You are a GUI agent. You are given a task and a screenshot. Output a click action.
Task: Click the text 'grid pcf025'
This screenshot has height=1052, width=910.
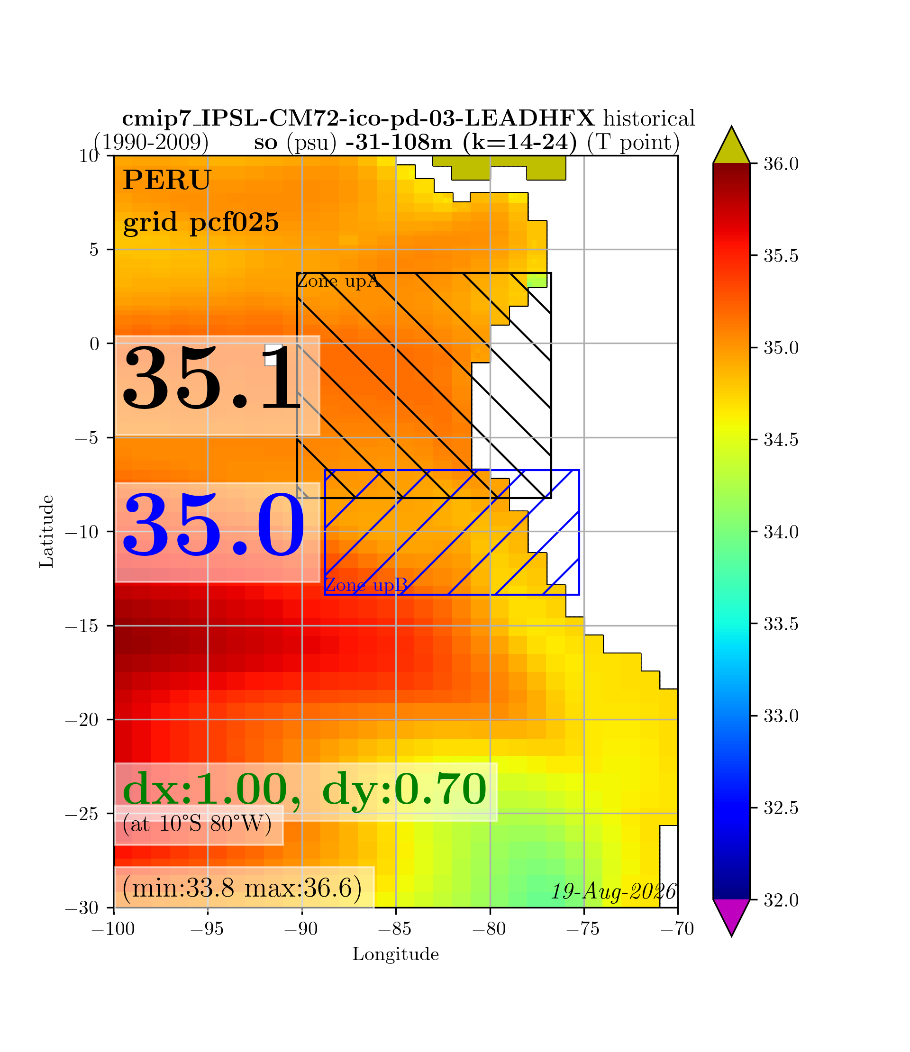coord(201,222)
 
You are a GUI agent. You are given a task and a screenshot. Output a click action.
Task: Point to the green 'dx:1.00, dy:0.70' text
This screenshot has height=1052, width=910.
coord(305,789)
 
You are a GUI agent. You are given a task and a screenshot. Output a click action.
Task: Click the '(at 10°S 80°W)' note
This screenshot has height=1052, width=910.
coord(197,824)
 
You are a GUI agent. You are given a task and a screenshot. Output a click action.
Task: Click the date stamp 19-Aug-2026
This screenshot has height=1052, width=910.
coord(614,891)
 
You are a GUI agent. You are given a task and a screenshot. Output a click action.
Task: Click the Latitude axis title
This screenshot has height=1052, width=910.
coord(47,531)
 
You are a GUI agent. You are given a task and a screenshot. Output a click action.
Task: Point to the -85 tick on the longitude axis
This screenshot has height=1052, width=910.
coord(396,929)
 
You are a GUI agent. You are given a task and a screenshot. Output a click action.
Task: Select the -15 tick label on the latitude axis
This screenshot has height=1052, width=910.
coord(82,626)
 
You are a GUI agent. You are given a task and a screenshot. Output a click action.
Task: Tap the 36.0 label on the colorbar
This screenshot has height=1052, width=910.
coord(781,164)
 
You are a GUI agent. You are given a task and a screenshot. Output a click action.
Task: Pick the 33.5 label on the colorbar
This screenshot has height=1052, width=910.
coord(781,624)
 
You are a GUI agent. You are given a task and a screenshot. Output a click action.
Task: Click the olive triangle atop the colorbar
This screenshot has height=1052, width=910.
coord(731,146)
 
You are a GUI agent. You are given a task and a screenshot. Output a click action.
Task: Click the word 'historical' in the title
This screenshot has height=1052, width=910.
coord(649,119)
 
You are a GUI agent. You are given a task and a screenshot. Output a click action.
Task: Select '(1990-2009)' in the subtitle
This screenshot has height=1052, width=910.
coord(151,142)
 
